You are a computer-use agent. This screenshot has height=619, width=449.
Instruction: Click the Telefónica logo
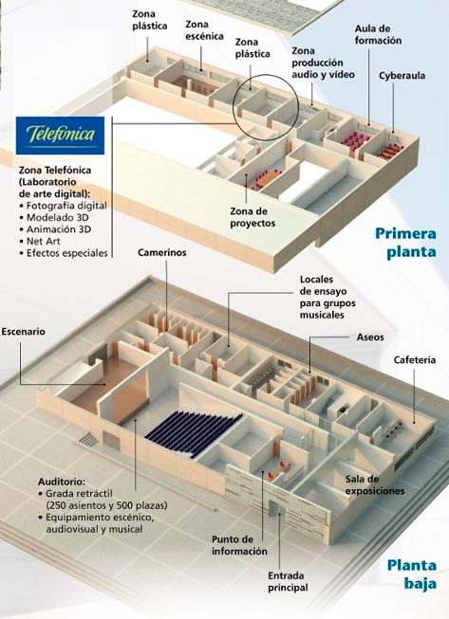[x=60, y=135]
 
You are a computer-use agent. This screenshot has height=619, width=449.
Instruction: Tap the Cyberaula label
[x=402, y=76]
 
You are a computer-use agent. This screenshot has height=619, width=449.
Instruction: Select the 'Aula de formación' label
[x=378, y=34]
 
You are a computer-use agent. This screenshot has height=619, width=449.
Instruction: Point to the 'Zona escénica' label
[x=204, y=30]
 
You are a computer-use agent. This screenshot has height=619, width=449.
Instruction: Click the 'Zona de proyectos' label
[x=253, y=217]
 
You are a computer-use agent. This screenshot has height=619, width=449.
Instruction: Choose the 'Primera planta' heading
[x=406, y=243]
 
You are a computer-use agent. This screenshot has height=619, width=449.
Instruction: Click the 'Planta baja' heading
[x=411, y=574]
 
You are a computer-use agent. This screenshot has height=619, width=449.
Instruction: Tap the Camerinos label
[x=162, y=253]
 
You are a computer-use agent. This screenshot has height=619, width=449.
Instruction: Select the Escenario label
[x=23, y=331]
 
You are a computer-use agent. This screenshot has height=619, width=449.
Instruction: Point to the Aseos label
[x=370, y=337]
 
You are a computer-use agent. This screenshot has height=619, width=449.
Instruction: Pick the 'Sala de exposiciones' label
[x=375, y=484]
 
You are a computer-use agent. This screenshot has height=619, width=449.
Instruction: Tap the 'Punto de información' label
[x=239, y=545]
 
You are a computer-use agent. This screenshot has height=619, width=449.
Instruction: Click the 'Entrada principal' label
[x=288, y=581]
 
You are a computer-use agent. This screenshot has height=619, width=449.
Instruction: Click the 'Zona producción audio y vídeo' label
[x=324, y=63]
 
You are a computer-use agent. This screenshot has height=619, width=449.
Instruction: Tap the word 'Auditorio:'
[x=62, y=482]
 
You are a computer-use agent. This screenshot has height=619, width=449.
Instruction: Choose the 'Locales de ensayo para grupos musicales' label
[x=327, y=298]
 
